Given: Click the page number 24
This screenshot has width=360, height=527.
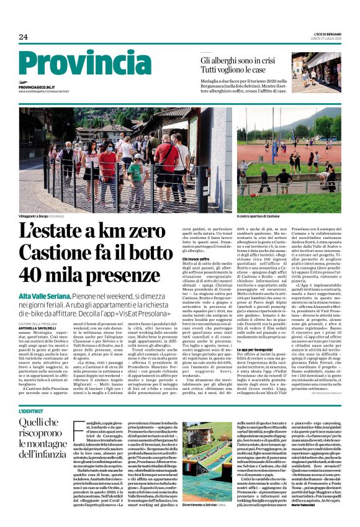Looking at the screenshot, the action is click(x=24, y=37).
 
